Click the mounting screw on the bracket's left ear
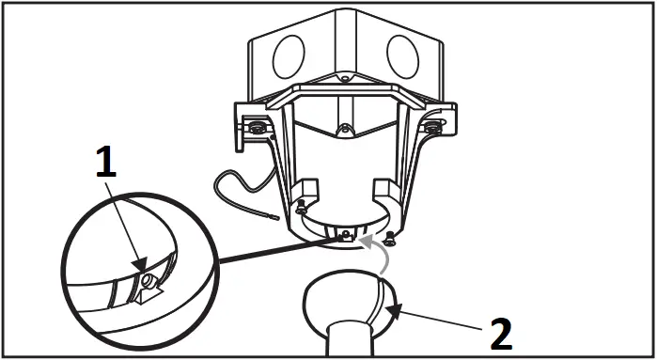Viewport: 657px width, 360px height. click(x=256, y=127)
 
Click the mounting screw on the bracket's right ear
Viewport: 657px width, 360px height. click(x=432, y=126)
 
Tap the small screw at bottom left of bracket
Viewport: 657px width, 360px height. click(x=300, y=208)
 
